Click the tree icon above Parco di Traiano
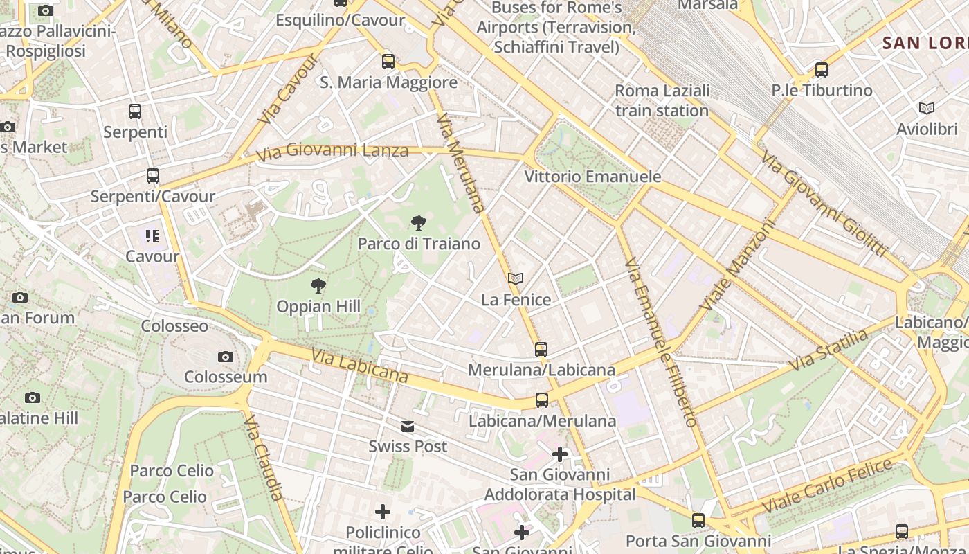coord(418,222)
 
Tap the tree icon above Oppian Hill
coord(318,285)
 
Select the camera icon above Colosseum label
coord(225,357)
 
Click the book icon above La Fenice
coord(515,278)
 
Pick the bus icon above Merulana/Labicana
coord(541,349)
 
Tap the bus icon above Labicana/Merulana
coord(541,400)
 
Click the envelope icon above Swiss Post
coord(408,427)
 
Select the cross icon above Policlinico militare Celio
coord(383,512)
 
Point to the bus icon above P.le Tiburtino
coord(822,69)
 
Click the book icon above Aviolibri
coord(927,108)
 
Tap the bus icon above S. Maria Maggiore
coord(388,61)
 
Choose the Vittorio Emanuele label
coord(592,177)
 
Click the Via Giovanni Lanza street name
coord(332,150)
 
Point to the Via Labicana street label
coord(359,365)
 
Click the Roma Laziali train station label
coord(662,100)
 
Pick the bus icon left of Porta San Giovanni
coord(698,521)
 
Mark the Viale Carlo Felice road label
coord(827,485)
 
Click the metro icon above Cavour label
coord(152,236)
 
